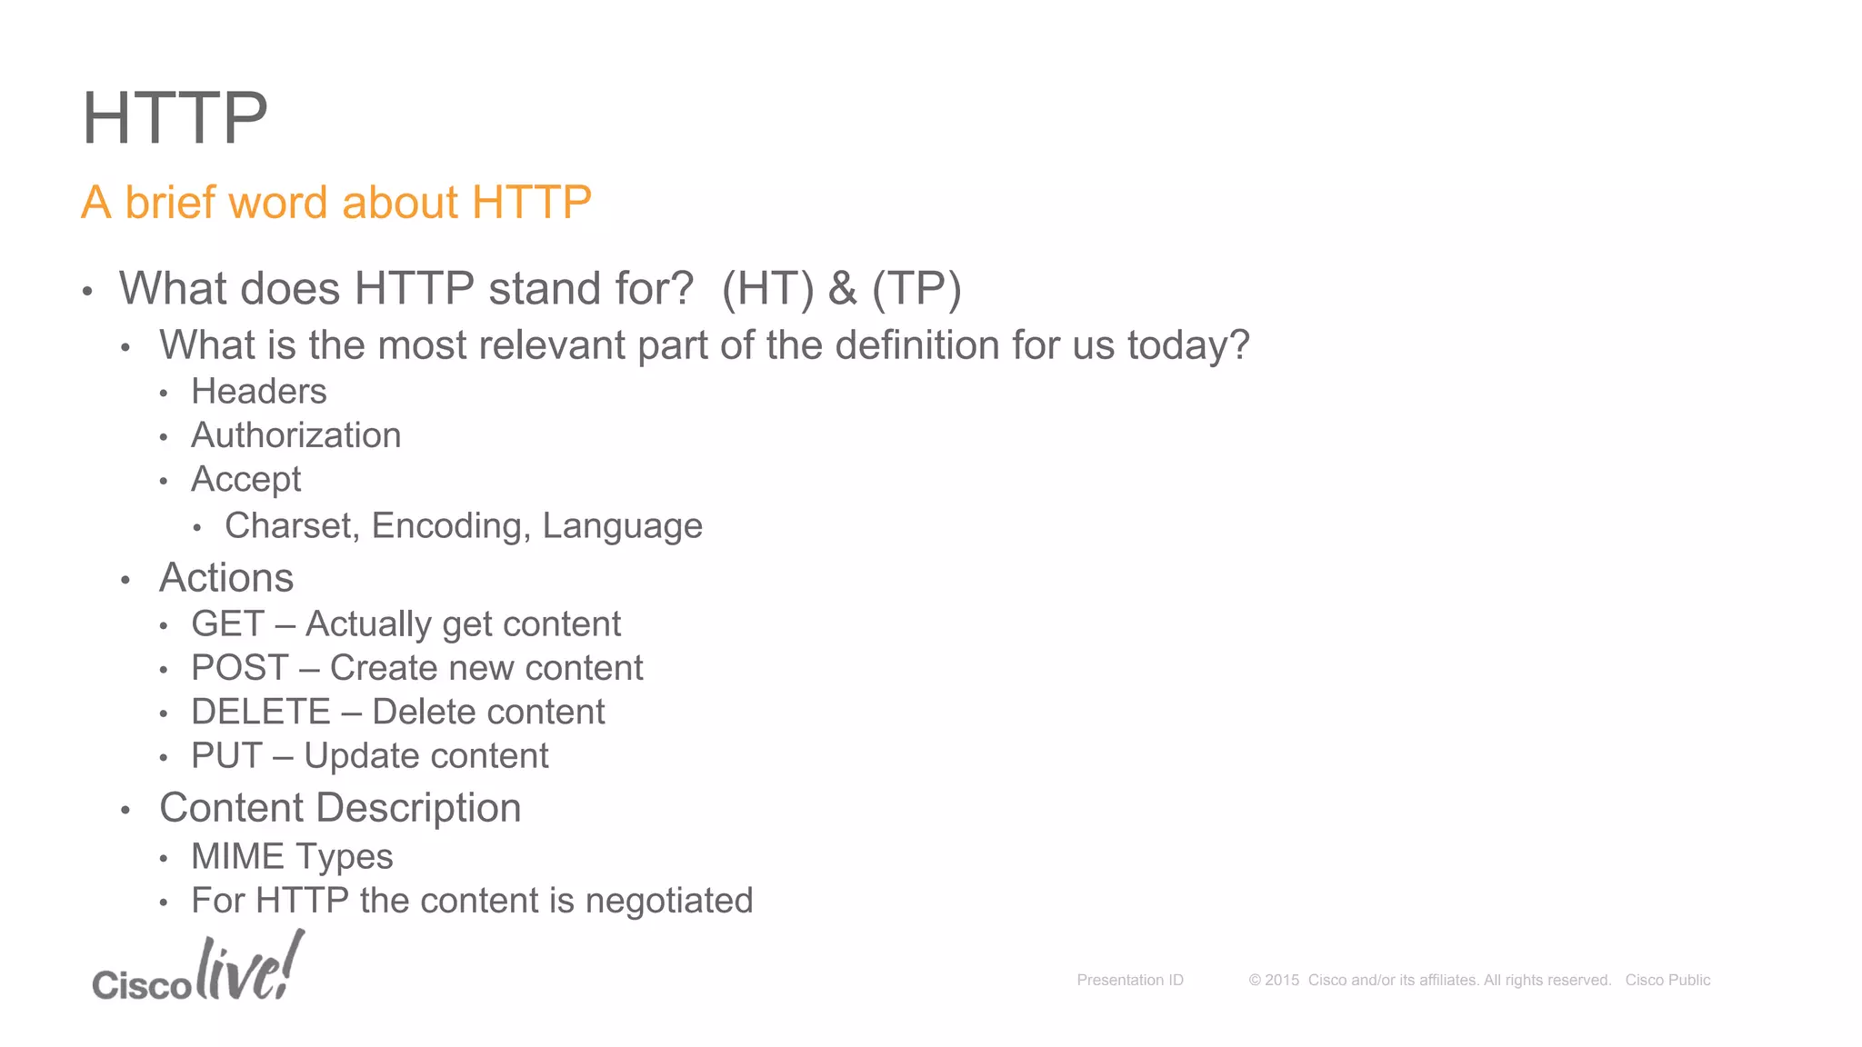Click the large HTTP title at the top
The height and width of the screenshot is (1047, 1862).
point(175,118)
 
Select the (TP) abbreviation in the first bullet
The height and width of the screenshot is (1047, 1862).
point(916,289)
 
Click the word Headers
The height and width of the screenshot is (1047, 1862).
point(258,392)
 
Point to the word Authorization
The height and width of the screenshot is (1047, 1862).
point(295,435)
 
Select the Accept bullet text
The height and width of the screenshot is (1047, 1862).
point(245,480)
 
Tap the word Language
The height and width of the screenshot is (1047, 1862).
point(622,526)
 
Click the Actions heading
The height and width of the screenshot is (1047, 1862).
point(226,578)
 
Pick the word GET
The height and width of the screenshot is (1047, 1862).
point(227,624)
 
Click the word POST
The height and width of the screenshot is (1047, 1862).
point(239,668)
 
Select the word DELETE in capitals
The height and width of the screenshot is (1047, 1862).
point(260,712)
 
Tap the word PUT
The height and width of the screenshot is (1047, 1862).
point(226,756)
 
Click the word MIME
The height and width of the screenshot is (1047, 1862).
point(237,856)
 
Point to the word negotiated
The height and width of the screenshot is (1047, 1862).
point(668,901)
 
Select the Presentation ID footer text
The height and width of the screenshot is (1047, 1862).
point(1129,980)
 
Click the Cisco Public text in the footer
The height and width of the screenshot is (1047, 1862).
point(1667,980)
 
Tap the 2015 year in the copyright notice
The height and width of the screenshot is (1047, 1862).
point(1282,980)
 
